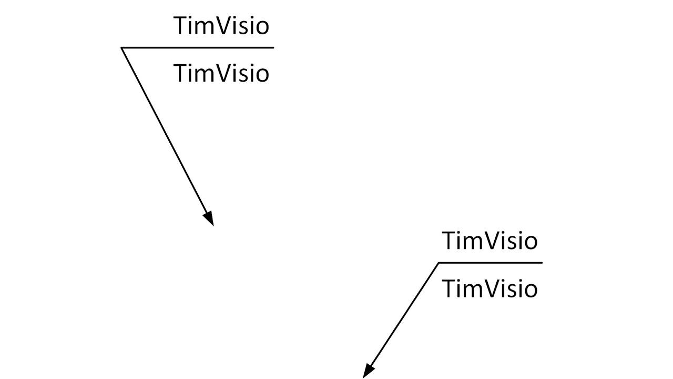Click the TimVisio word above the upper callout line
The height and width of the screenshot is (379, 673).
pyautogui.click(x=221, y=26)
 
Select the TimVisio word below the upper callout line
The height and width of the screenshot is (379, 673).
pyautogui.click(x=221, y=73)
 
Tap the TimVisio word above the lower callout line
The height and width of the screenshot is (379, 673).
pyautogui.click(x=490, y=241)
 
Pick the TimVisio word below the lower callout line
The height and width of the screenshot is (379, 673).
pyautogui.click(x=490, y=289)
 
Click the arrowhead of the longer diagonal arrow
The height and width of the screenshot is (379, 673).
pyautogui.click(x=209, y=218)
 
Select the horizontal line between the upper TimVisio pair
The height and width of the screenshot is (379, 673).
pyautogui.click(x=198, y=48)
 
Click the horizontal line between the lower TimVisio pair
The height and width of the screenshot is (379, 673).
pyautogui.click(x=490, y=263)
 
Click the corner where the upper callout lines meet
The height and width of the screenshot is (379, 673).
pyautogui.click(x=122, y=48)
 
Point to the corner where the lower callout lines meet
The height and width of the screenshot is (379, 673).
pyautogui.click(x=439, y=263)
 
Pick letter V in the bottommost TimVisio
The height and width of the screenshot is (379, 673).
pyautogui.click(x=494, y=289)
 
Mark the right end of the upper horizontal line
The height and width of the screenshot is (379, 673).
pyautogui.click(x=273, y=48)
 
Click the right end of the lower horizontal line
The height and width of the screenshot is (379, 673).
pyautogui.click(x=541, y=263)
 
